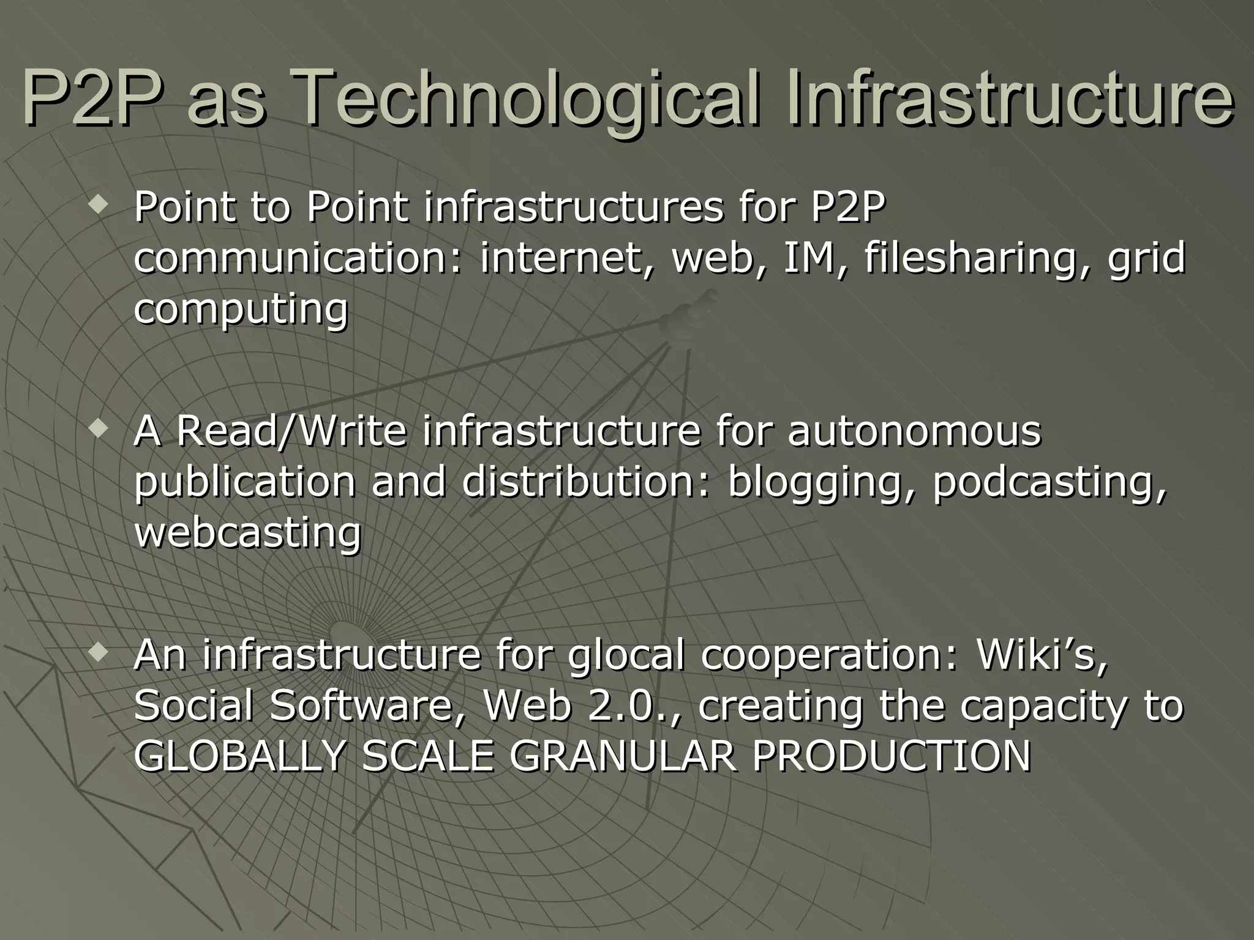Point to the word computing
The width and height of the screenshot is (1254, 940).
point(241,309)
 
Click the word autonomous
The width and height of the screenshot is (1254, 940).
point(914,431)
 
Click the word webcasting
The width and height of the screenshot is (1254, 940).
point(247,533)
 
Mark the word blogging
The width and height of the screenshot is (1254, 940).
point(821,482)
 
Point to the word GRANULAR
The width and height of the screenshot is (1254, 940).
point(622,756)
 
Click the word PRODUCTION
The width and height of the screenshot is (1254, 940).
point(892,756)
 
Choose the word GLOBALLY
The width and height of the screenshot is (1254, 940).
point(240,756)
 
